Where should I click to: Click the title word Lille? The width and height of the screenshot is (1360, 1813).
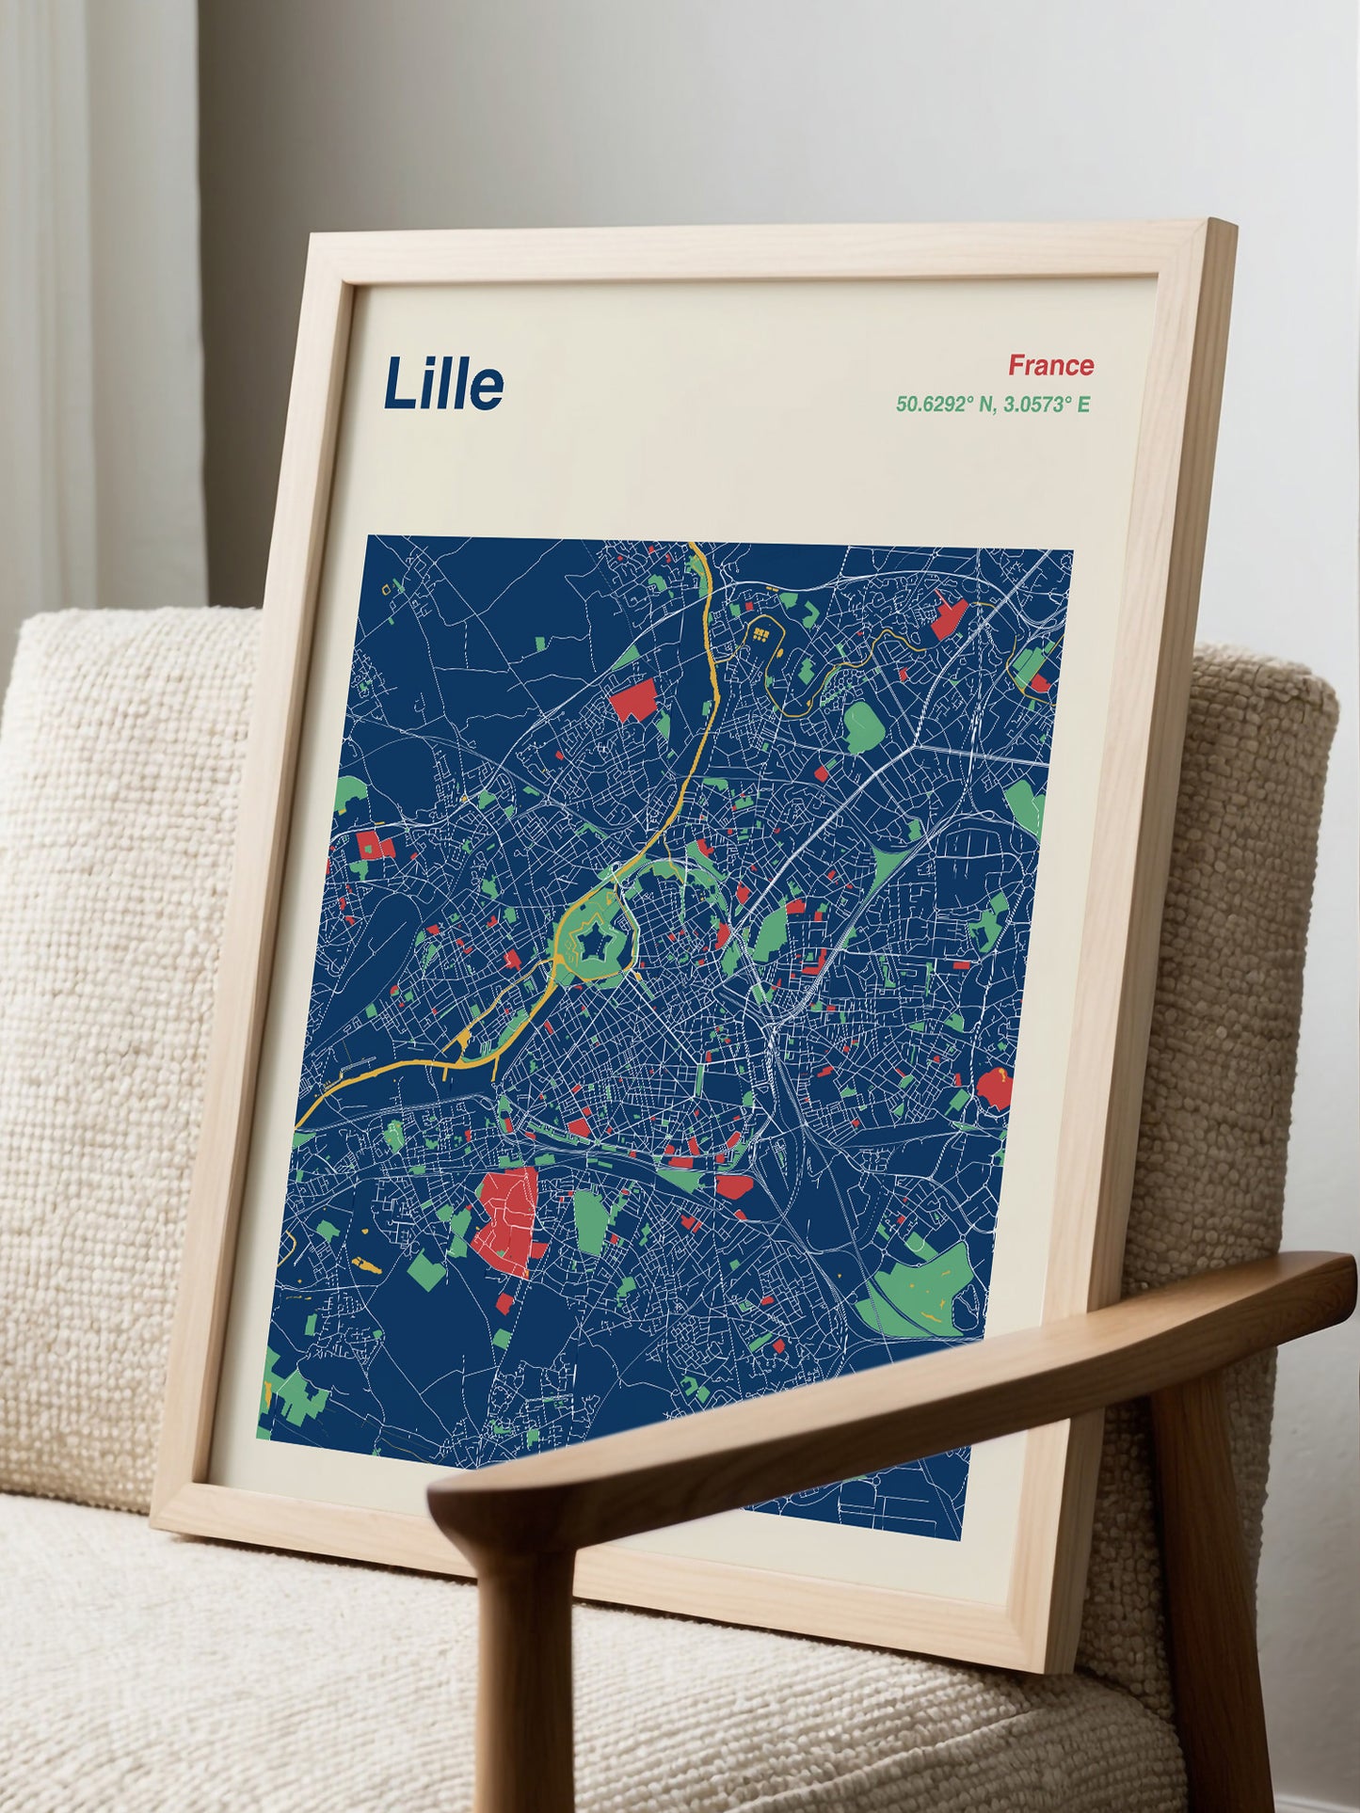pos(442,385)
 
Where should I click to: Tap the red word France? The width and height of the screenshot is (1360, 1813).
pos(1050,365)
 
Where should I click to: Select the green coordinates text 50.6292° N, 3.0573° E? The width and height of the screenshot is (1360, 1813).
pos(992,405)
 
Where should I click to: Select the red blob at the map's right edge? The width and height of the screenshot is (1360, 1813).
pos(993,1088)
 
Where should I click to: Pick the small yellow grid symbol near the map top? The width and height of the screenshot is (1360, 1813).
pos(760,634)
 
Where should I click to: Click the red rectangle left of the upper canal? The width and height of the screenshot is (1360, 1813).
pos(633,701)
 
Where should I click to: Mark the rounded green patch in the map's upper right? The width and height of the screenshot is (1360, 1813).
pos(862,726)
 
